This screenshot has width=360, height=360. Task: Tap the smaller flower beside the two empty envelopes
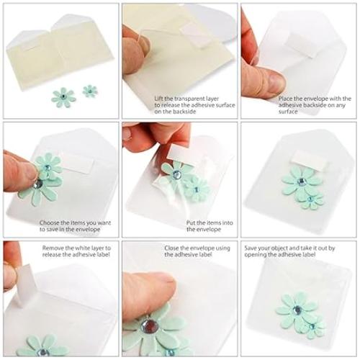coord(89,91)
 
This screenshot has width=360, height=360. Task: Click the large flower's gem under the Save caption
coord(296,310)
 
